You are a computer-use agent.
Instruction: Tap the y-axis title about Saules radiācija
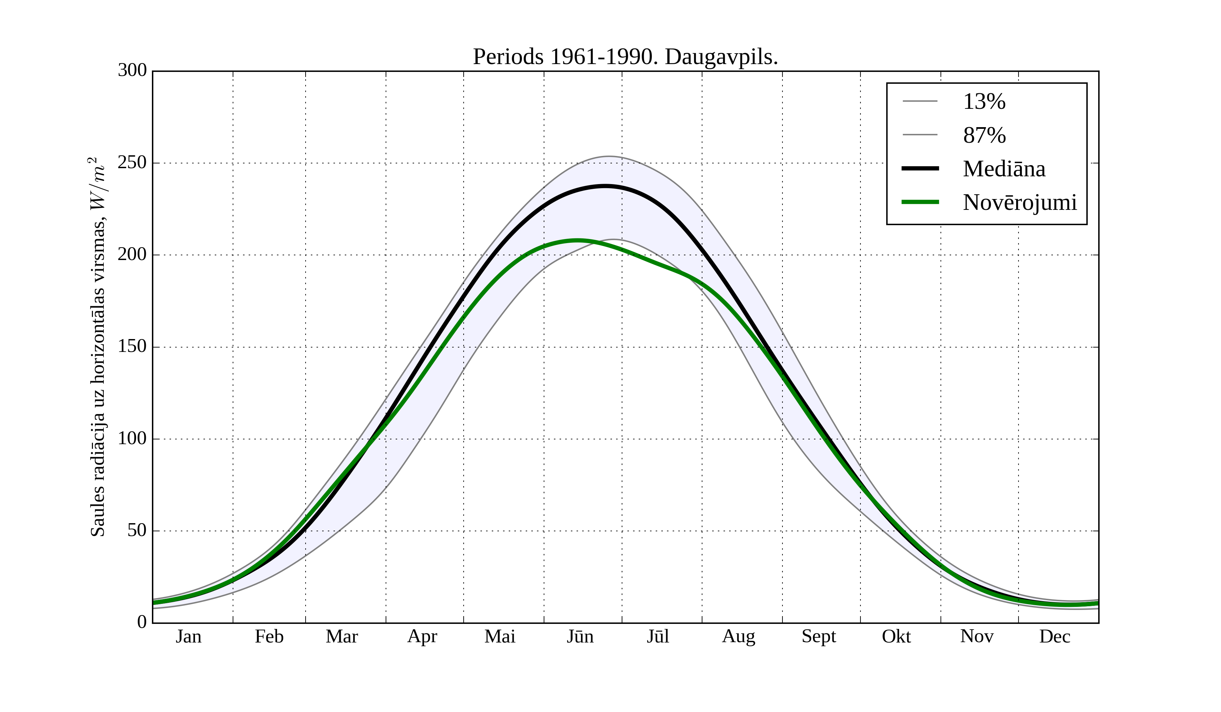[x=98, y=347]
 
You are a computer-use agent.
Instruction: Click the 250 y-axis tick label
[x=132, y=163]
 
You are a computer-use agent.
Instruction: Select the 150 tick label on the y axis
[x=132, y=347]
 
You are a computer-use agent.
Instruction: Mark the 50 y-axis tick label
[x=137, y=531]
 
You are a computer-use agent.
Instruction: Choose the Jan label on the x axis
[x=189, y=636]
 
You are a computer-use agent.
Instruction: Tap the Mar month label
[x=342, y=636]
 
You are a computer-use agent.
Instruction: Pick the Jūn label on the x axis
[x=580, y=636]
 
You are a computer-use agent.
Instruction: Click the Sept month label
[x=819, y=636]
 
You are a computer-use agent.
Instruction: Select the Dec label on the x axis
[x=1055, y=636]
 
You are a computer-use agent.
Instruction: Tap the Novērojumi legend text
[x=1020, y=202]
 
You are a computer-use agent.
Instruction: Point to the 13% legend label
[x=984, y=102]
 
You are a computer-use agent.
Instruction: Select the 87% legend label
[x=984, y=135]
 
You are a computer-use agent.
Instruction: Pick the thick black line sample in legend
[x=920, y=169]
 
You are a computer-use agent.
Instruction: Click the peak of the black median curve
[x=606, y=186]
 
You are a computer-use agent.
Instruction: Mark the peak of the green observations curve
[x=577, y=240]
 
